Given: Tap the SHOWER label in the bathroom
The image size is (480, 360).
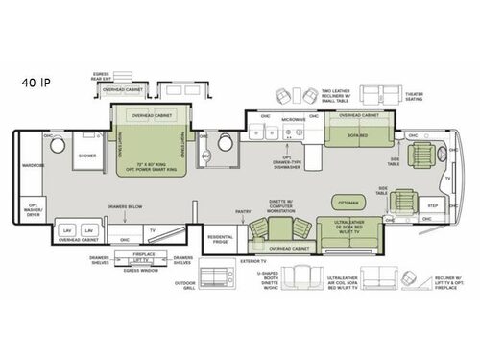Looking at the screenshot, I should (x=88, y=155).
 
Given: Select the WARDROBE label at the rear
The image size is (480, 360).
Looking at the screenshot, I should (x=34, y=165).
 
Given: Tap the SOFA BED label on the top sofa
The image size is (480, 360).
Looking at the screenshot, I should (x=347, y=136).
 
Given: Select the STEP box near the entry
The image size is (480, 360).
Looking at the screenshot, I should (x=432, y=205).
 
